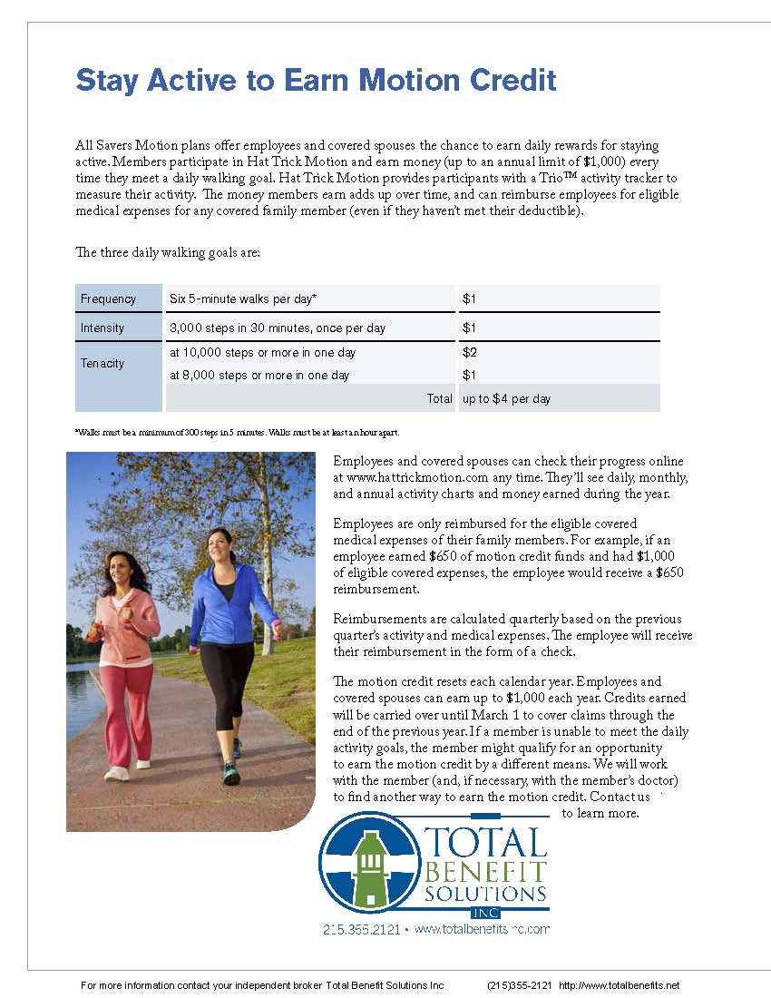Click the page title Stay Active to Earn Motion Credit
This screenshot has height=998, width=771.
point(316,80)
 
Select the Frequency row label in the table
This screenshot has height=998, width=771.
point(108,299)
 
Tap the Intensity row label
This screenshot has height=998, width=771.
point(102,328)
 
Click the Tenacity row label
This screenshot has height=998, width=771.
point(102,364)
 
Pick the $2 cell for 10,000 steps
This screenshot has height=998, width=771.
point(470,353)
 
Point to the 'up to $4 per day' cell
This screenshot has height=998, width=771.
point(506,399)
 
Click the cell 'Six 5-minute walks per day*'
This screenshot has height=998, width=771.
point(243,299)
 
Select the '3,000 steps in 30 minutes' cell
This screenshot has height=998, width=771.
point(278,328)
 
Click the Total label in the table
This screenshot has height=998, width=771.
point(439,399)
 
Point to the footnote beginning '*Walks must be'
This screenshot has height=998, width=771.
point(237,432)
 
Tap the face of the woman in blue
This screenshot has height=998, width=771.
point(220,549)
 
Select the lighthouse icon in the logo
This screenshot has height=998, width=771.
point(369,867)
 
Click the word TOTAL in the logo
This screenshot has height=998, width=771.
point(486,843)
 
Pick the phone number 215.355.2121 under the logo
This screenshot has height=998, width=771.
point(361,929)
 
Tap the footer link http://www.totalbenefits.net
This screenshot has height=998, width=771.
point(619,986)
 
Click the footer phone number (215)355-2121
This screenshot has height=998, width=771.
point(519,986)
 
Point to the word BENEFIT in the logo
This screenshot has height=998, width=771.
point(486,873)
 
